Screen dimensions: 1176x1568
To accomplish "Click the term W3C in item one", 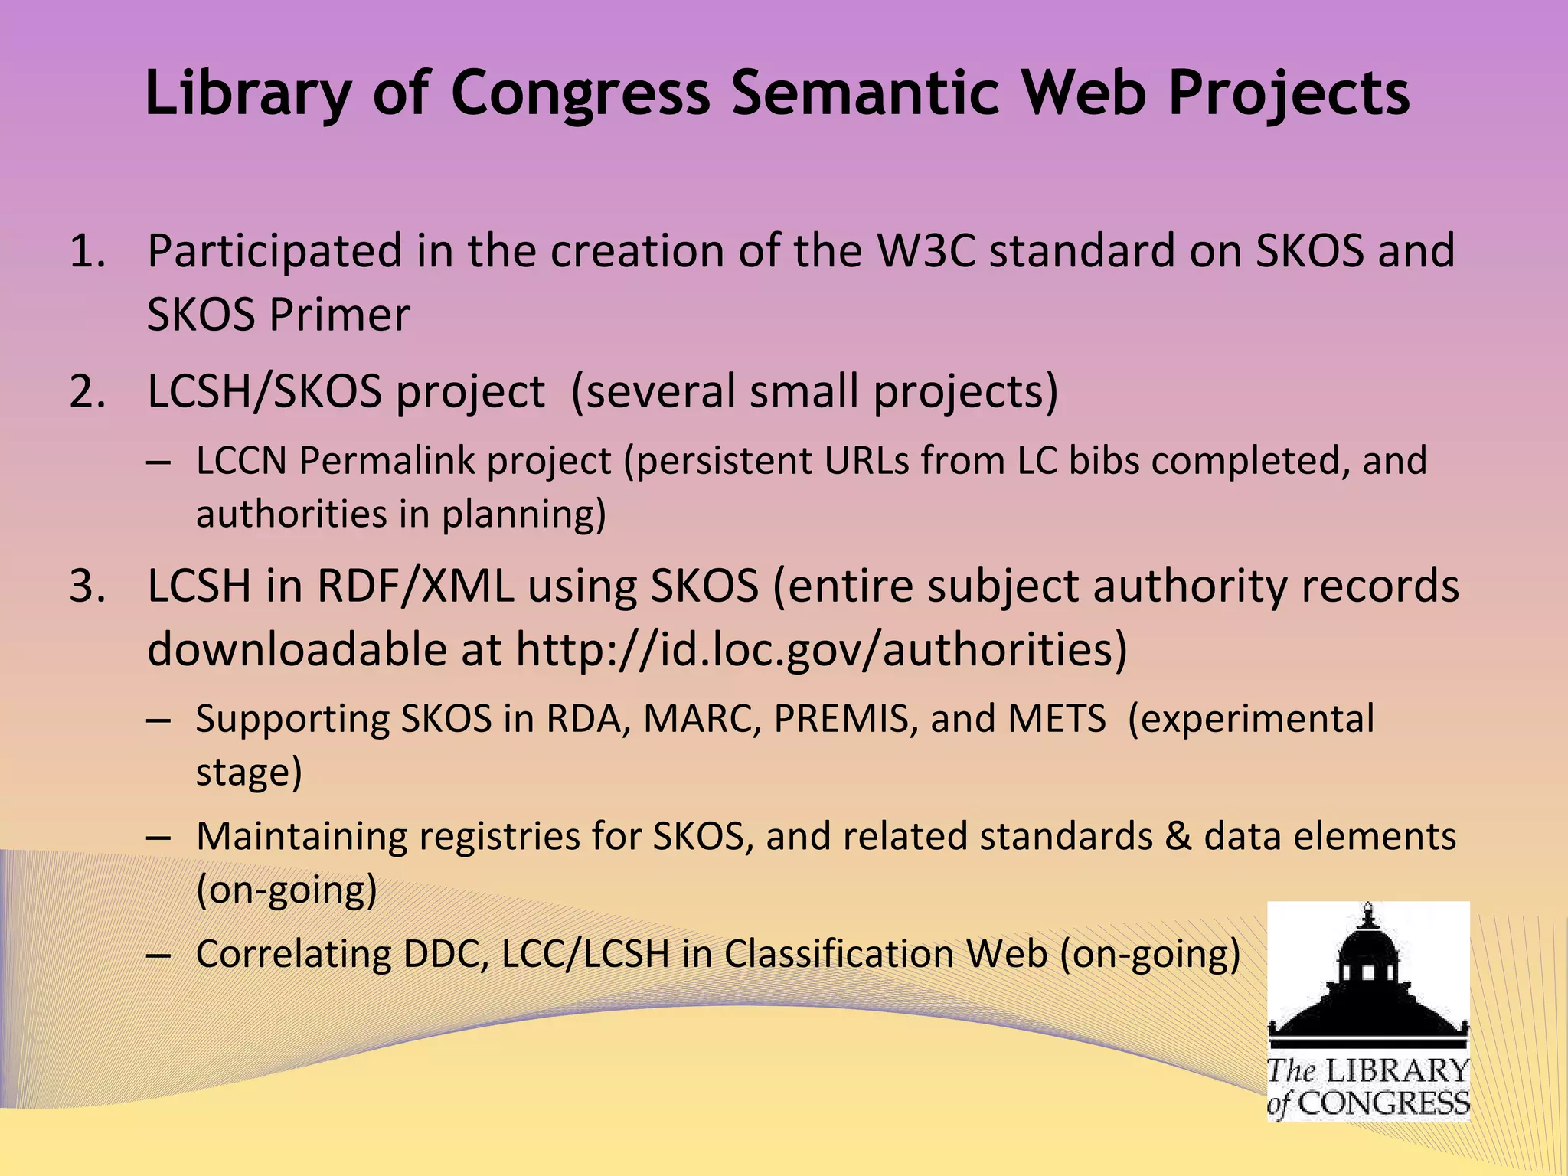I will (926, 251).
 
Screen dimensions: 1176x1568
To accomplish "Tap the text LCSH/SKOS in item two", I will (264, 392).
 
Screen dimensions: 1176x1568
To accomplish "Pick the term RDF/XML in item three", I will (415, 586).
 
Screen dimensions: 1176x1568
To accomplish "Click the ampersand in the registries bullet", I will (1178, 836).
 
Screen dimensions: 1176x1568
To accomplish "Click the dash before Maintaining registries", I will (158, 838).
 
